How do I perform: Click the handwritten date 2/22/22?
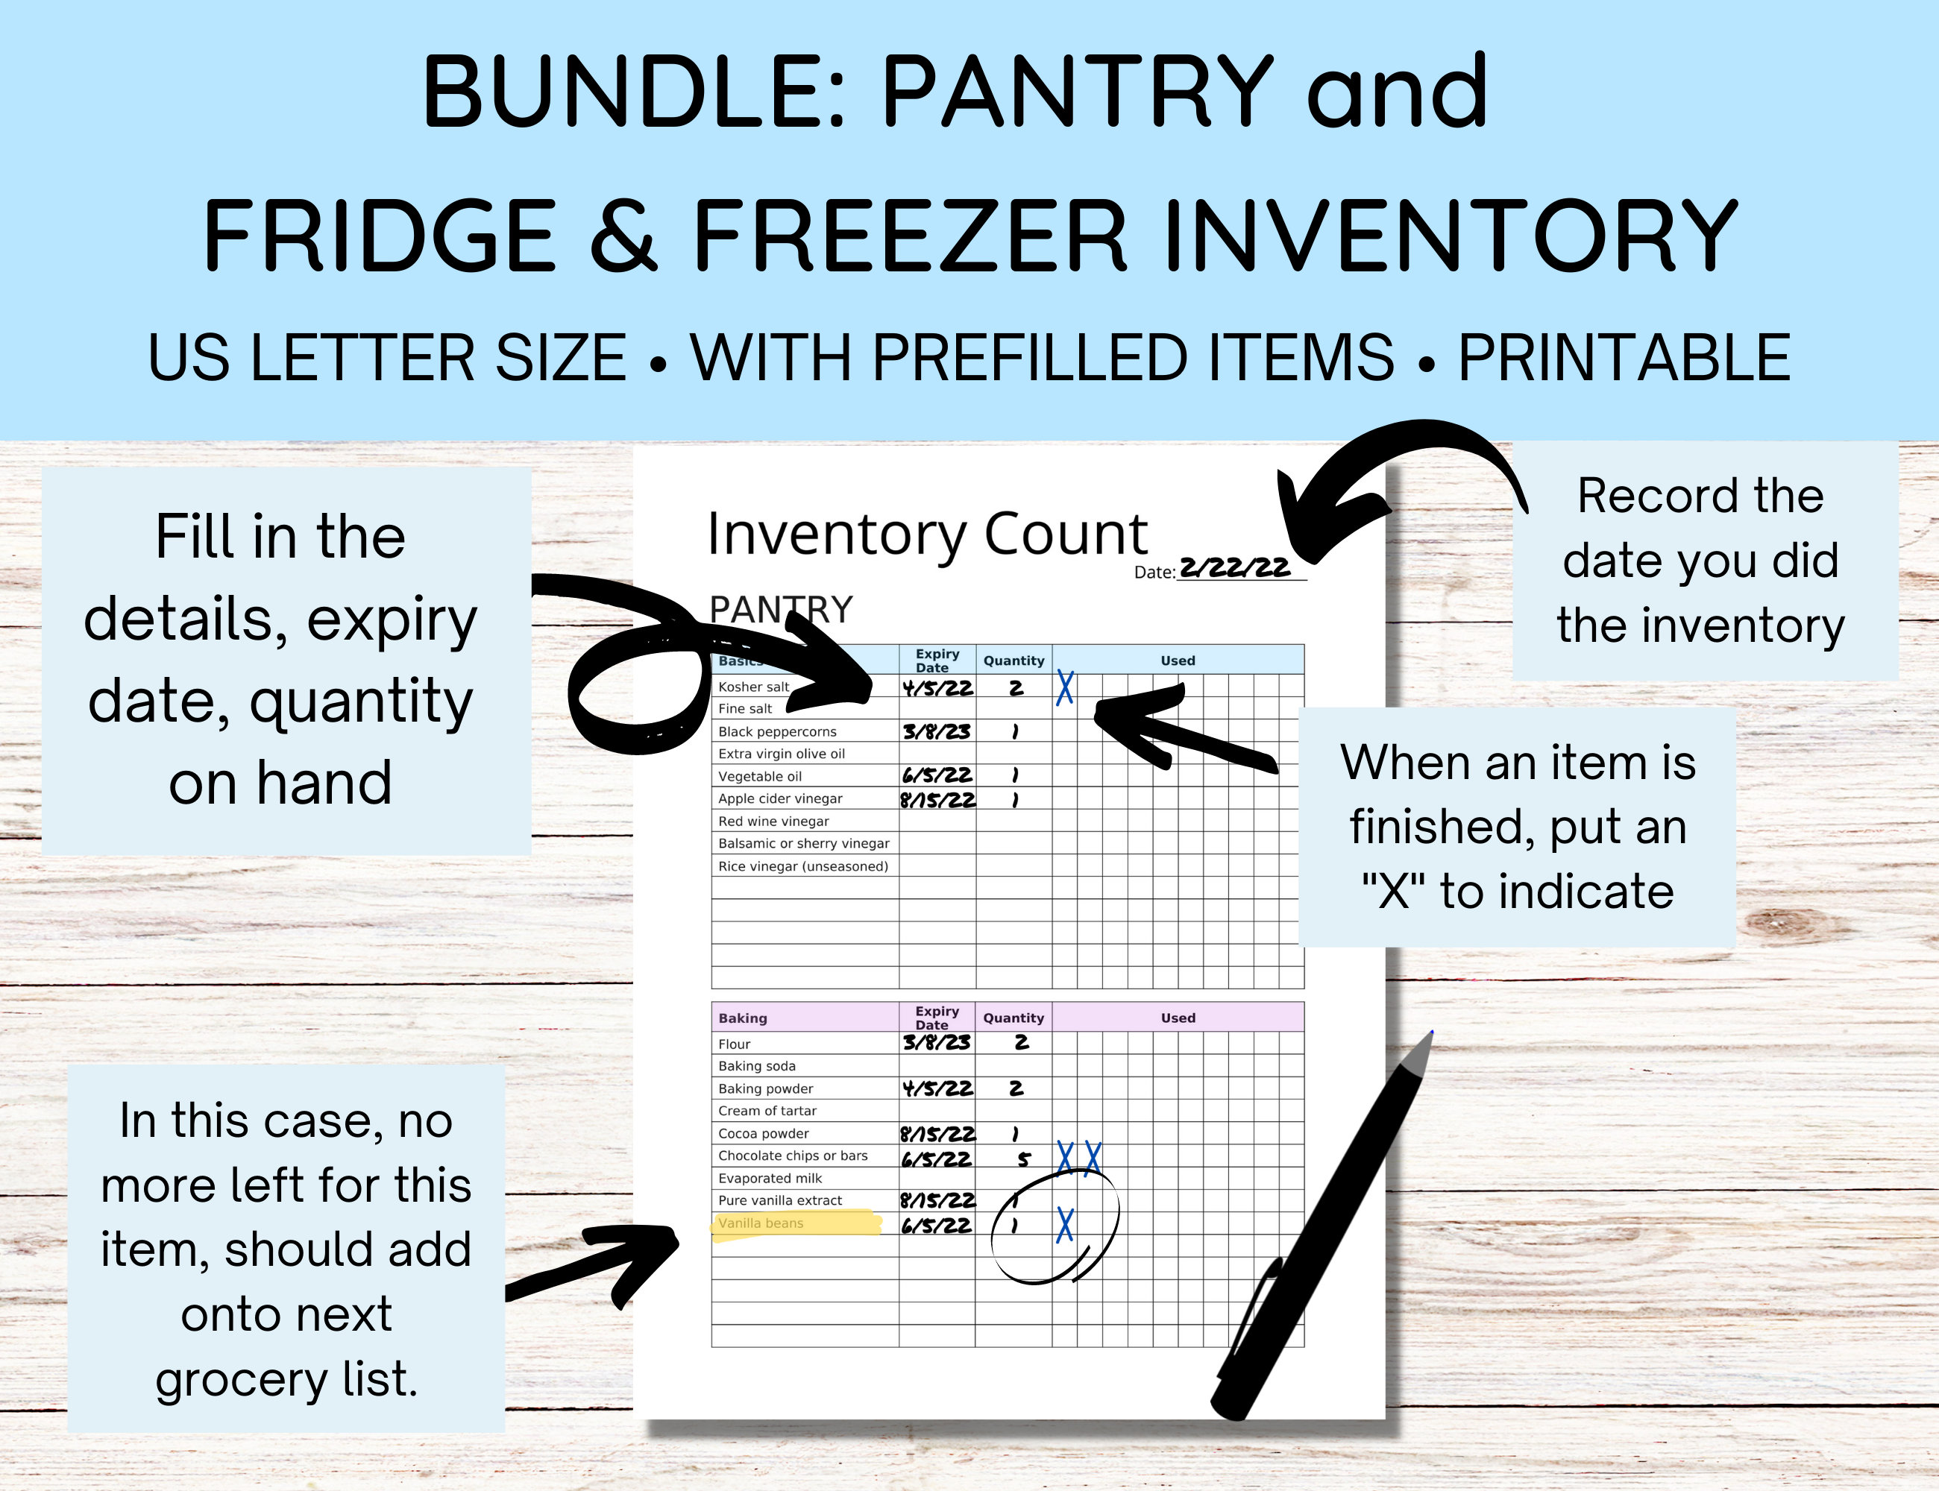(x=1234, y=567)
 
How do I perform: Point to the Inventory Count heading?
(x=927, y=535)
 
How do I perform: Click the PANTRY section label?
(x=782, y=610)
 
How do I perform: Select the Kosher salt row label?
(x=753, y=687)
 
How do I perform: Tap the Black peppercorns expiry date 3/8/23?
(x=937, y=731)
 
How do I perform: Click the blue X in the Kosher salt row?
(x=1064, y=688)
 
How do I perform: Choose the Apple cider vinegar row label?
(x=779, y=798)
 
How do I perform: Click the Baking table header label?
(x=742, y=1018)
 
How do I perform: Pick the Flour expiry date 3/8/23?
(x=937, y=1043)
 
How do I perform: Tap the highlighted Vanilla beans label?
(x=761, y=1223)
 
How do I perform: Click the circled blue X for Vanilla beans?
(x=1064, y=1225)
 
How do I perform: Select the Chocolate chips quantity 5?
(x=1024, y=1159)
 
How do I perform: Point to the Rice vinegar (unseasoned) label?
(x=802, y=866)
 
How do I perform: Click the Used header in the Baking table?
(x=1178, y=1018)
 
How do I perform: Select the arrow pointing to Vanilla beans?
(x=604, y=1260)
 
